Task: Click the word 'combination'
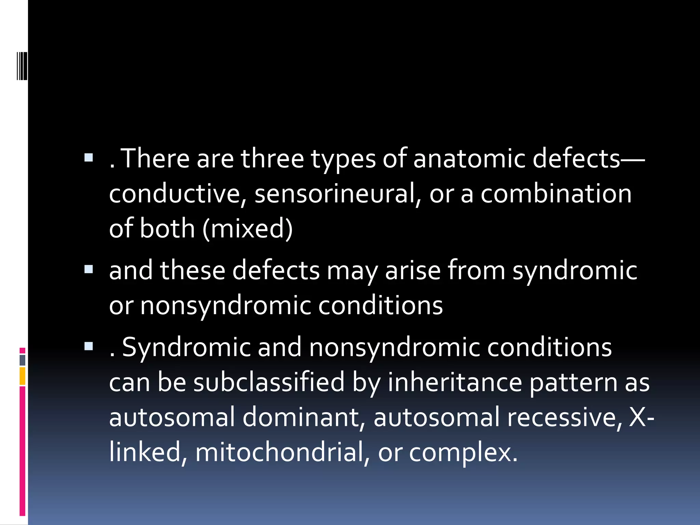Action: (x=556, y=193)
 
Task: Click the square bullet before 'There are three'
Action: (x=89, y=158)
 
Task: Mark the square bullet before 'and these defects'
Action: (x=89, y=270)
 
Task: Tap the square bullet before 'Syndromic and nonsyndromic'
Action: (x=89, y=347)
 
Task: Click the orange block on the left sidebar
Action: (x=22, y=376)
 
